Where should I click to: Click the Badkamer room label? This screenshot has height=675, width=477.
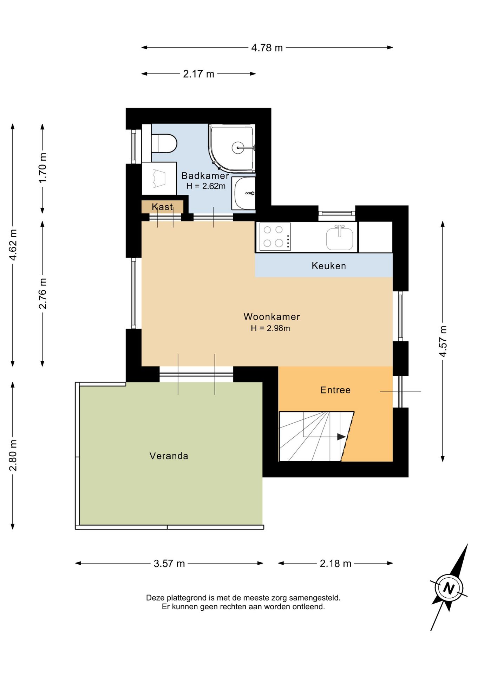point(205,175)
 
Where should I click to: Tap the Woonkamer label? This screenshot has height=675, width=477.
point(272,317)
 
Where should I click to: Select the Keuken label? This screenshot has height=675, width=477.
point(329,266)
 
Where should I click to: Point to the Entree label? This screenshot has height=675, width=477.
point(335,390)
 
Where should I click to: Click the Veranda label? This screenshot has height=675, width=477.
point(169,456)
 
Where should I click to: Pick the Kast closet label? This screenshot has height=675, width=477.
point(162,207)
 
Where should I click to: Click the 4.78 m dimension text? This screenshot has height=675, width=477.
point(267,48)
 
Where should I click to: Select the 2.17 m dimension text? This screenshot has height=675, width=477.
point(198,74)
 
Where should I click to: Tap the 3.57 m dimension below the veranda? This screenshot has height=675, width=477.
point(169,564)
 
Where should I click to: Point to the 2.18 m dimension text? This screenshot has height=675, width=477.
point(335,564)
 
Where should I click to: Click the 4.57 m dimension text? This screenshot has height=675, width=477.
point(443,341)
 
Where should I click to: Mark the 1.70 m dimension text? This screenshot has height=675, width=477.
point(43,168)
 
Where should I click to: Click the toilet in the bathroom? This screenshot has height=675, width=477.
point(164,143)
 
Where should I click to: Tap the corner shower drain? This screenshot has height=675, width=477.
point(238,148)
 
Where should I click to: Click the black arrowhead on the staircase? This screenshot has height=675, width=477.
point(341,437)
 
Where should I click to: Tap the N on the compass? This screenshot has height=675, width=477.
point(449,588)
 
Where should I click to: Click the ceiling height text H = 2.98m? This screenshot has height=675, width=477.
point(270,328)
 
